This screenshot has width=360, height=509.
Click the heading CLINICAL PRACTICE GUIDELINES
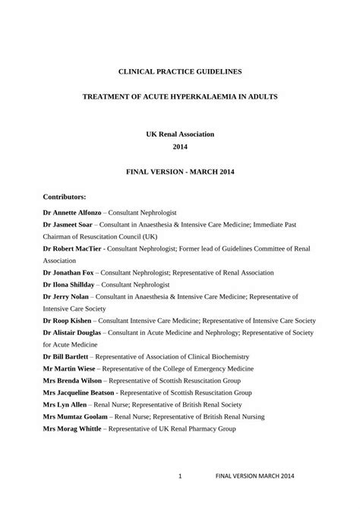click(180, 71)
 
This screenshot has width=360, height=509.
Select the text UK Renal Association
click(180, 134)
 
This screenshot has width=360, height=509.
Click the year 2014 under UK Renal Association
click(180, 147)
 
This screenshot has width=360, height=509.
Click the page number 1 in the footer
click(179, 476)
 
